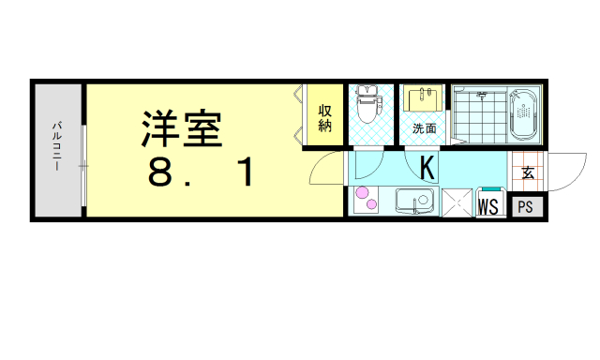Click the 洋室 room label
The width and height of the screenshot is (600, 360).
pos(181,128)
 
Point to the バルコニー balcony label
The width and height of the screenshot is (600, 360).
pos(56,145)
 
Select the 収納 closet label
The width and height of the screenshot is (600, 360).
pos(324,118)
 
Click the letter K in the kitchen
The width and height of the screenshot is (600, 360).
pos(427,169)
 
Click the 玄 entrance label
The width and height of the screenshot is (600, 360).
pos(527,172)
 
